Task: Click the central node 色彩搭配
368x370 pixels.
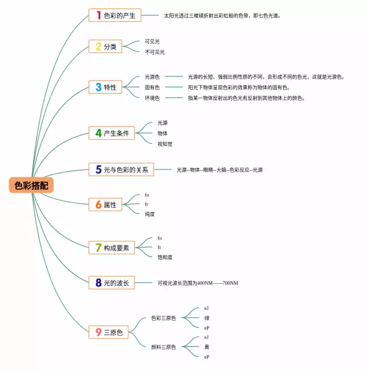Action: click(x=32, y=184)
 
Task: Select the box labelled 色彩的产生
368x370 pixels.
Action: click(x=115, y=16)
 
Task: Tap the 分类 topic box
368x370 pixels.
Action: click(x=106, y=47)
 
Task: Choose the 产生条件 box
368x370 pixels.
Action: click(x=112, y=133)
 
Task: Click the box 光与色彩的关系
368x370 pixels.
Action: click(x=121, y=169)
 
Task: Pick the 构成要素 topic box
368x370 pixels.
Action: click(x=112, y=248)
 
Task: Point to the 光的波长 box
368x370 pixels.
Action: click(x=112, y=282)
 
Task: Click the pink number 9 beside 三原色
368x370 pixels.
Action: click(x=99, y=332)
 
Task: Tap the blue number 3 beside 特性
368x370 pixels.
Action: click(x=99, y=87)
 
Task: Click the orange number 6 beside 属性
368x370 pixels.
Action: click(x=99, y=205)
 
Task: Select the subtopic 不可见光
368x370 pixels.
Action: click(x=155, y=52)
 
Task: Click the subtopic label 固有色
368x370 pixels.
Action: click(x=152, y=87)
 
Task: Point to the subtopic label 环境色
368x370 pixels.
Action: click(x=152, y=98)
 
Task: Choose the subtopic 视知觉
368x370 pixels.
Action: click(x=165, y=144)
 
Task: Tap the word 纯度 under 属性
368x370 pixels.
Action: click(x=150, y=214)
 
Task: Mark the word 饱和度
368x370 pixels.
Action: click(x=165, y=257)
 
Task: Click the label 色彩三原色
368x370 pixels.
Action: click(x=164, y=318)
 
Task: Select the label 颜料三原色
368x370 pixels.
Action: click(x=164, y=347)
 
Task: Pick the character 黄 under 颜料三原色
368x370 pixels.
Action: click(x=206, y=347)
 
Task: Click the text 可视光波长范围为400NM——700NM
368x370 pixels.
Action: click(x=198, y=283)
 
